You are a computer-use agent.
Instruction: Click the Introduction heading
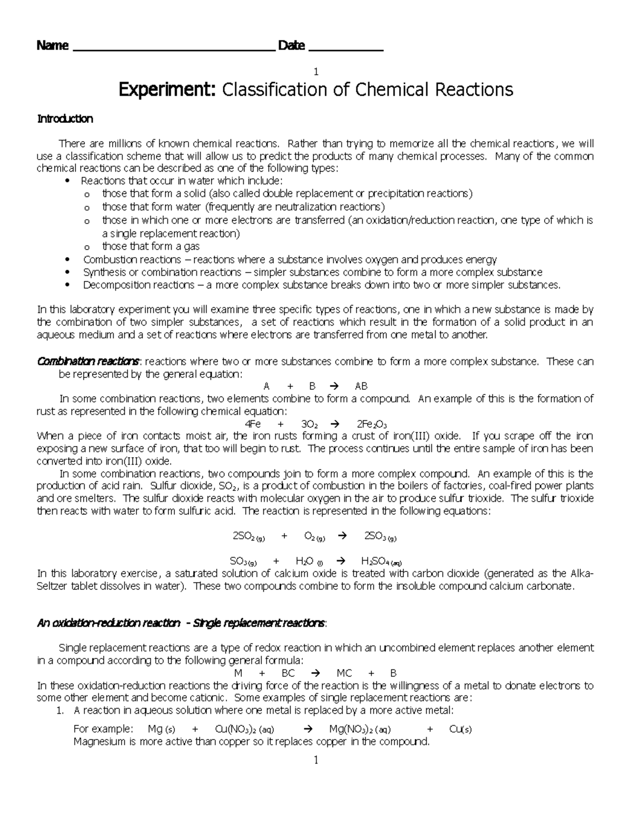(65, 119)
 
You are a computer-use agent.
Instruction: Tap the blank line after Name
(173, 49)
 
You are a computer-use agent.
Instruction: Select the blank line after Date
(345, 49)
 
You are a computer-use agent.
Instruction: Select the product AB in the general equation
(361, 386)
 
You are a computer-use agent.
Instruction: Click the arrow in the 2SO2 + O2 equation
(342, 537)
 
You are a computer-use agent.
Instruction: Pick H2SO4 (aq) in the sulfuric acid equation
(382, 561)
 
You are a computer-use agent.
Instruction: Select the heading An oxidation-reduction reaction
(108, 624)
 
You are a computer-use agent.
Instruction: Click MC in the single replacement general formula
(344, 673)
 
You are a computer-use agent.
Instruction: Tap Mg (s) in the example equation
(161, 730)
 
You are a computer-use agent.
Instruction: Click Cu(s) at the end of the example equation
(460, 730)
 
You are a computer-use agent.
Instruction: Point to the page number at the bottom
(316, 761)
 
